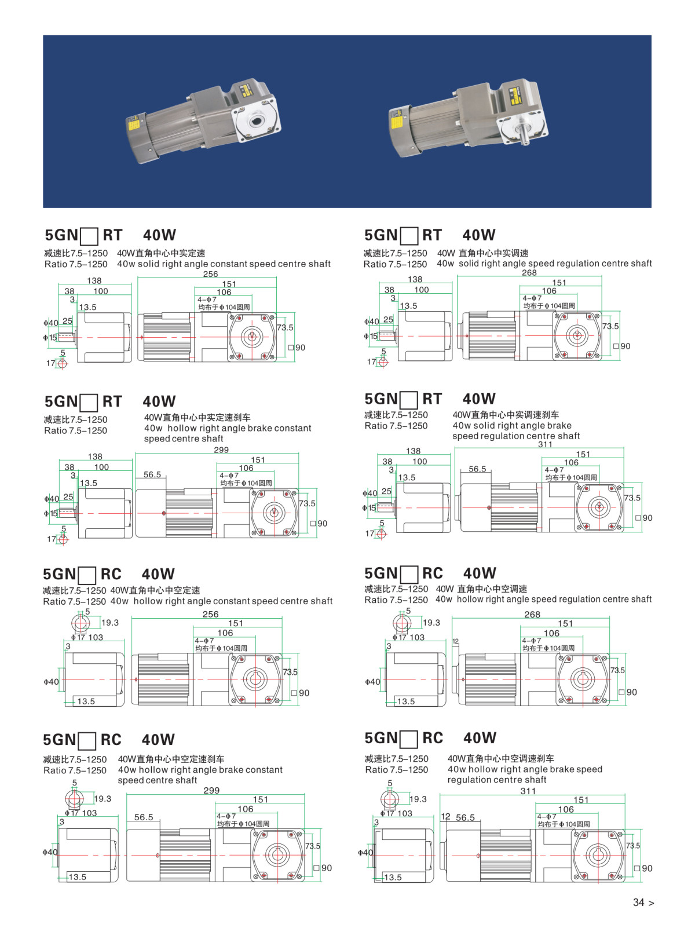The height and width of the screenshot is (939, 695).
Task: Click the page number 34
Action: pos(638,903)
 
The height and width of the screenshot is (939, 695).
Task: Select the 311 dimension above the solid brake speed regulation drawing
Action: pos(545,445)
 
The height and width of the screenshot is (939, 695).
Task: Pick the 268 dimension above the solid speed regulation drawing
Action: pos(529,273)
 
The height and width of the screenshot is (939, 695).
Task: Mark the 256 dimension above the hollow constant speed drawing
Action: pos(210,615)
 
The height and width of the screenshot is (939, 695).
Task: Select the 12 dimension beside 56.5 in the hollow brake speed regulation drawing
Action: pos(445,817)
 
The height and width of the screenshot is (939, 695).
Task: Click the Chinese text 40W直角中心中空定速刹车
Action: pos(171,759)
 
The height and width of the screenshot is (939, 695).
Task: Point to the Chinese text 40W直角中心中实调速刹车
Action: pos(506,415)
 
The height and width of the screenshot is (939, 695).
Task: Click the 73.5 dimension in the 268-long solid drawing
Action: pos(610,327)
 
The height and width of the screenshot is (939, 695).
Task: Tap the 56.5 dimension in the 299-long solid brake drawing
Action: pos(152,475)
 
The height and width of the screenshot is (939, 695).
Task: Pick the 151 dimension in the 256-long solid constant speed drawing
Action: pos(229,284)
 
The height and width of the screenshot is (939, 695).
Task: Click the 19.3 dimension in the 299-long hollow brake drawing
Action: pos(103,799)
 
